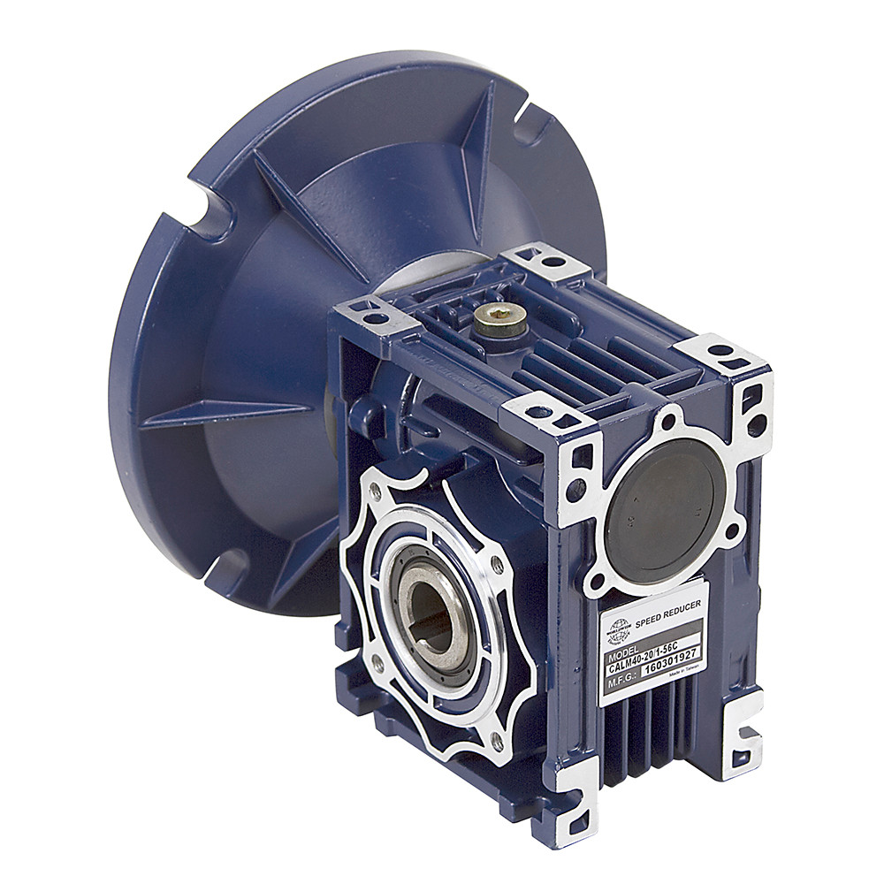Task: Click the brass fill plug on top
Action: pyautogui.click(x=499, y=316)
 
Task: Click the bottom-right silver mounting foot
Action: pyautogui.click(x=741, y=722)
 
